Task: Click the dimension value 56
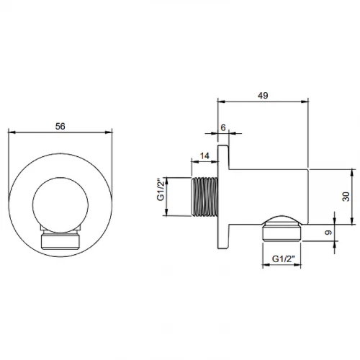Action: [x=60, y=125]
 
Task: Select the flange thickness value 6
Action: [x=222, y=126]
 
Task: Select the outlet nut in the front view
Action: [x=60, y=238]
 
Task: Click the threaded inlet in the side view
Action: [x=203, y=194]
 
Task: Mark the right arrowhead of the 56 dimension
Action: [x=112, y=132]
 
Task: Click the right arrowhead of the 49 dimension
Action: [x=307, y=102]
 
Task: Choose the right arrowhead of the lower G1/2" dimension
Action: [x=302, y=266]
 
